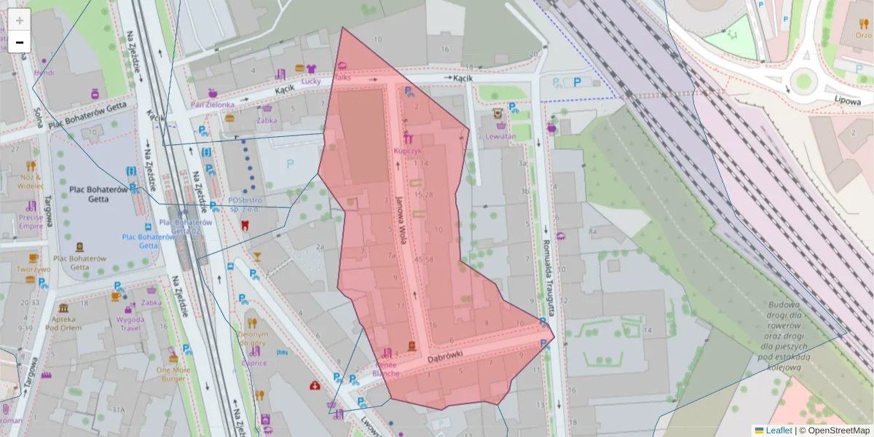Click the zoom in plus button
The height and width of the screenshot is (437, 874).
pyautogui.click(x=20, y=20)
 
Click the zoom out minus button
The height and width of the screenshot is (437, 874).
pyautogui.click(x=20, y=42)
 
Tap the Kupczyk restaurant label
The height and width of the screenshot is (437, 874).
pyautogui.click(x=407, y=151)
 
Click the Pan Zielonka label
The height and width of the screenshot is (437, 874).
pyautogui.click(x=210, y=104)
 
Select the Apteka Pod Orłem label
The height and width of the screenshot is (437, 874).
pyautogui.click(x=63, y=323)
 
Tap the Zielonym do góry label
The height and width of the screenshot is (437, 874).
pyautogui.click(x=253, y=339)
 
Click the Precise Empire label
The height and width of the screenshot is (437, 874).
pyautogui.click(x=31, y=221)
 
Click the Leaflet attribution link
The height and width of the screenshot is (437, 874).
pyautogui.click(x=779, y=430)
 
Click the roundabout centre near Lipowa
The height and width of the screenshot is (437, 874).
pyautogui.click(x=803, y=80)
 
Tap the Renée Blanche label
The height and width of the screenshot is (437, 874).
pyautogui.click(x=386, y=369)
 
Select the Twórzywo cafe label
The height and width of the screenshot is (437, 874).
pyautogui.click(x=33, y=269)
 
